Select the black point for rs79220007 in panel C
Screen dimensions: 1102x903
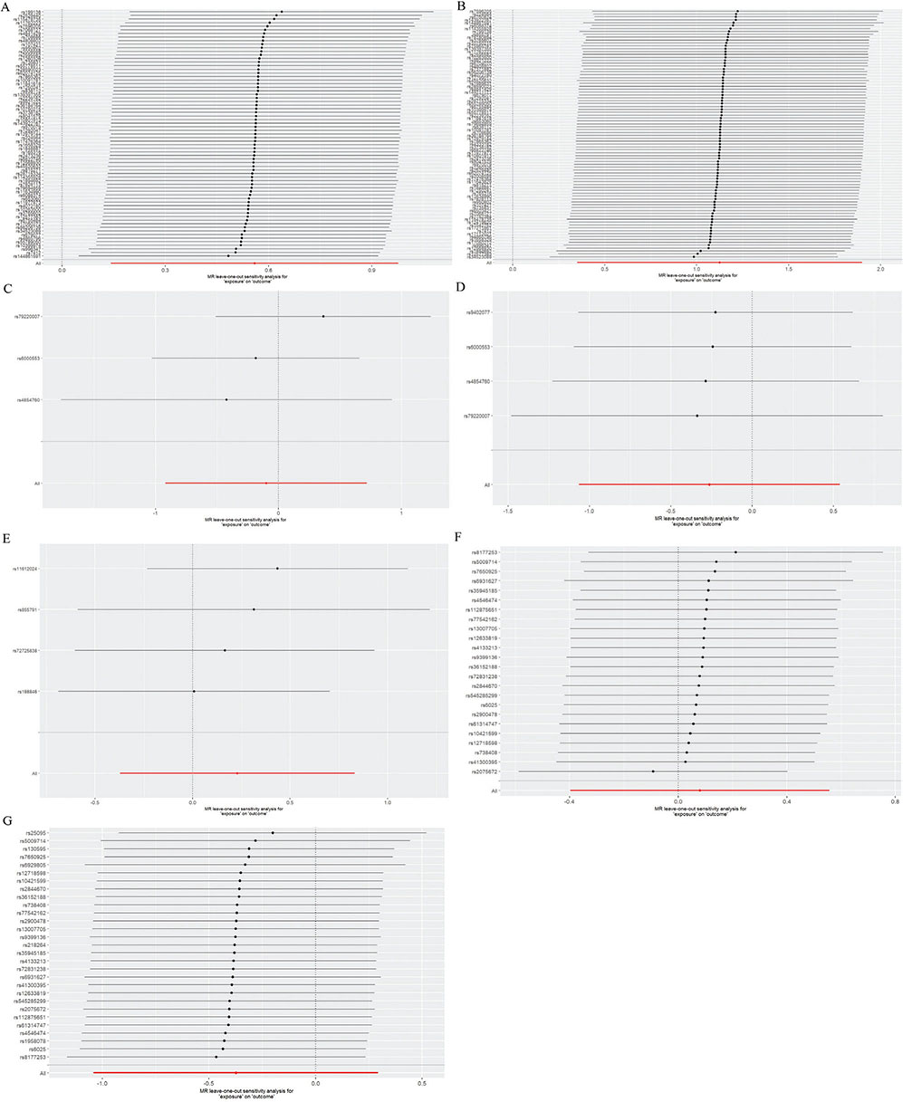322,316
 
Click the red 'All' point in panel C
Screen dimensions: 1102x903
265,483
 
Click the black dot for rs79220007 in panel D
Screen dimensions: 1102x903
696,416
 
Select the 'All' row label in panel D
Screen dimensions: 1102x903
486,484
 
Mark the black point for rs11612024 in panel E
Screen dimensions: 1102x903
277,569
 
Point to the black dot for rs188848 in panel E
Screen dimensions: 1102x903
193,692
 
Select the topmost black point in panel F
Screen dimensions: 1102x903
735,552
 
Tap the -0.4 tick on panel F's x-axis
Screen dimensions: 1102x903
571,801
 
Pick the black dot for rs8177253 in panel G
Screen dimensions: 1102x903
216,1057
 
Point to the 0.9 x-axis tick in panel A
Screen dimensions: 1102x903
372,269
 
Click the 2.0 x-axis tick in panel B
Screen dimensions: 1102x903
880,269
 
